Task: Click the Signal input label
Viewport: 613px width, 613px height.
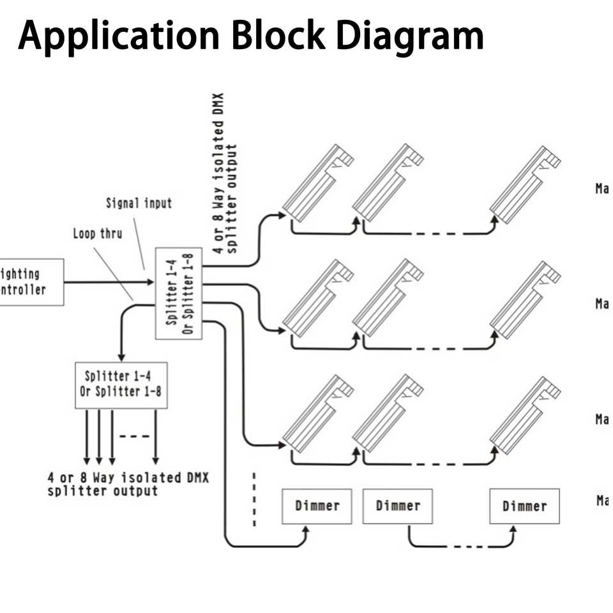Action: pos(139,204)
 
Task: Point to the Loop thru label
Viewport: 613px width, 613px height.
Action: pos(97,234)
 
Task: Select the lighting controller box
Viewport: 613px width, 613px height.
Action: pos(30,282)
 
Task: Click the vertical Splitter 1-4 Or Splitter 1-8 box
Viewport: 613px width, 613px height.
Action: pos(179,294)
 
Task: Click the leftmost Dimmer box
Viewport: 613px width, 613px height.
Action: pos(317,506)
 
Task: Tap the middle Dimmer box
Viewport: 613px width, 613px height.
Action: pos(398,506)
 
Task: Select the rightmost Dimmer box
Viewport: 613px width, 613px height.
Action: pos(524,506)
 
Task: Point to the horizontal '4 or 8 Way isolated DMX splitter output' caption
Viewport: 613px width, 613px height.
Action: pos(128,484)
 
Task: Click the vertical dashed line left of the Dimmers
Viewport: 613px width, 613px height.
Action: pos(254,499)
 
